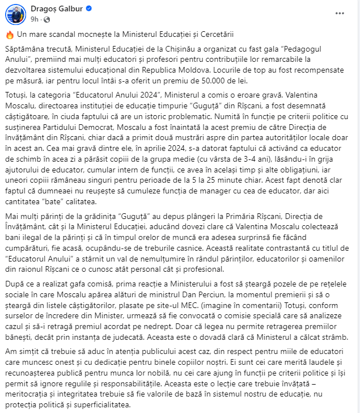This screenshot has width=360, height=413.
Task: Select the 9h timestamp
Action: tap(35, 19)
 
